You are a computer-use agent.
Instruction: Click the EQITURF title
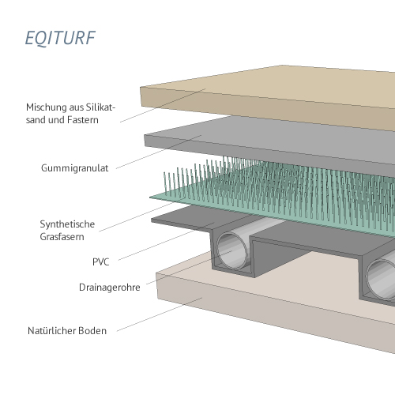point(60,38)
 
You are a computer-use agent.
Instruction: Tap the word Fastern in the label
point(83,120)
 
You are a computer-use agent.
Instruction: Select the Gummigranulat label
point(75,168)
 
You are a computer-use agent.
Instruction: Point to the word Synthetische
point(67,224)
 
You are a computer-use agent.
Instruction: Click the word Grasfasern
point(62,237)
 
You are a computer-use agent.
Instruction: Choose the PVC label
point(101,262)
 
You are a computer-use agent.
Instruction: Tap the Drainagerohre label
point(110,288)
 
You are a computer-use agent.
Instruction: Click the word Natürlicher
point(51,331)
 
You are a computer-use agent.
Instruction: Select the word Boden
point(92,331)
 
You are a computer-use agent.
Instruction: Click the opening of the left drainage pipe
point(231,251)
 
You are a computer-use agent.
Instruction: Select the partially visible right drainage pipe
point(382,278)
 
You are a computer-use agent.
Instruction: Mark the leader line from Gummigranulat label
point(159,152)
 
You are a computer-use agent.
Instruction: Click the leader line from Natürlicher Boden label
point(160,314)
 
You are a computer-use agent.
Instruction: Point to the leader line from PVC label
point(167,242)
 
